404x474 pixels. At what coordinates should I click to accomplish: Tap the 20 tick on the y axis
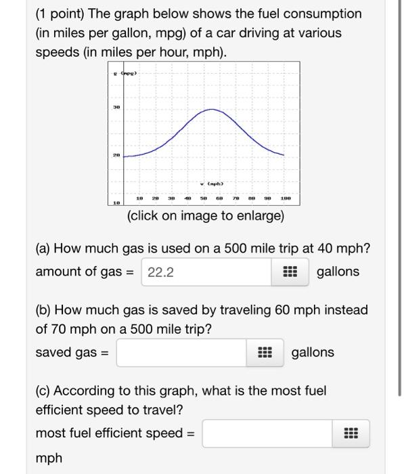click(116, 154)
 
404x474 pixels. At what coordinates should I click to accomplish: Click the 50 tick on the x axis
click(202, 199)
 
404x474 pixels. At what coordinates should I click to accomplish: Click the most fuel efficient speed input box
click(267, 433)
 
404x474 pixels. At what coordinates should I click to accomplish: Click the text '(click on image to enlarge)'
click(206, 217)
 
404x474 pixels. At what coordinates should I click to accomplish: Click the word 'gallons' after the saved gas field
click(313, 352)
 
